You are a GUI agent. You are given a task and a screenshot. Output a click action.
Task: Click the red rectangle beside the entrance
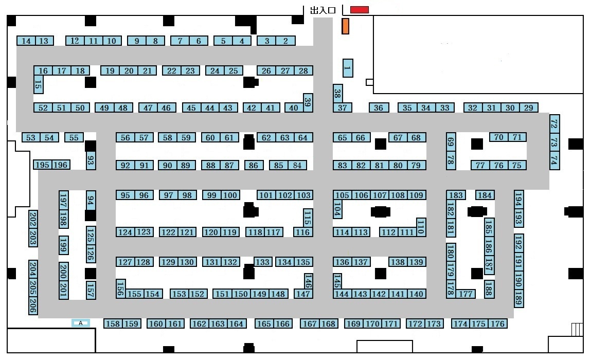[360, 10]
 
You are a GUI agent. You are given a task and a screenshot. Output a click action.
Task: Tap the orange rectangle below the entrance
[346, 26]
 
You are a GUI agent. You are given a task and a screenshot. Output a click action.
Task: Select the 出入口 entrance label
[323, 10]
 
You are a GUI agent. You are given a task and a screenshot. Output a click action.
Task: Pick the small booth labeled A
[81, 323]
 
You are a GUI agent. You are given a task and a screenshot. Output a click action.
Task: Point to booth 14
[26, 41]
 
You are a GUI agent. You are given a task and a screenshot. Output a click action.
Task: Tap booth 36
[379, 108]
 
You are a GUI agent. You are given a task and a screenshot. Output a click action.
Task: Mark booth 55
[74, 138]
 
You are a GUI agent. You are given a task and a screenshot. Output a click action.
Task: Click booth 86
[254, 165]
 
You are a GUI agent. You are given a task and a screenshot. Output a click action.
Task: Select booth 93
[91, 160]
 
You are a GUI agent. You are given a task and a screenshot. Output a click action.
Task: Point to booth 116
[303, 232]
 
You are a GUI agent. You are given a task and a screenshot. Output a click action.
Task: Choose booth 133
[263, 262]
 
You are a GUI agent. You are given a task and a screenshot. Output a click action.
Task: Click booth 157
[91, 291]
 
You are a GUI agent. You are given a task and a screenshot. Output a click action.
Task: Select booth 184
[485, 195]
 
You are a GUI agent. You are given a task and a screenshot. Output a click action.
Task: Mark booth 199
[64, 245]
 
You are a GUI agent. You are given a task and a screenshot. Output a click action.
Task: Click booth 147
[303, 294]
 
